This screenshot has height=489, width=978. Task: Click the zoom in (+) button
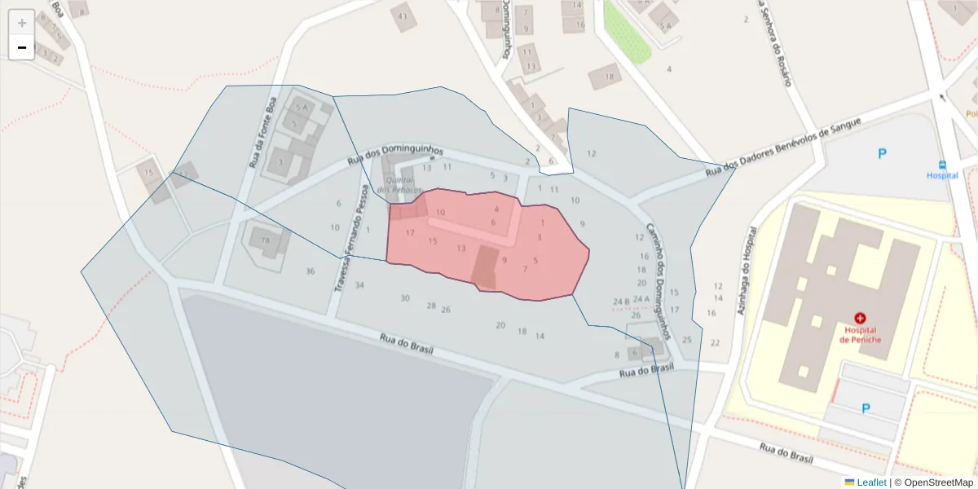tap(22, 23)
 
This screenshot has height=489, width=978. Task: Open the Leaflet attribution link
tap(870, 482)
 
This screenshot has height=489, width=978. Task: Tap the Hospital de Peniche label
tap(859, 334)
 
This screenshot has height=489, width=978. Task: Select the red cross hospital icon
tap(859, 317)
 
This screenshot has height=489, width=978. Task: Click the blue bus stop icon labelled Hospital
tap(943, 164)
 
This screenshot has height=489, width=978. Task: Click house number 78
tap(265, 240)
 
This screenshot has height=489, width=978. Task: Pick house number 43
tap(402, 16)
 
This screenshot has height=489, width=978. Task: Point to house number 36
tap(310, 271)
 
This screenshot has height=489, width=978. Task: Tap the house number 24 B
tap(621, 302)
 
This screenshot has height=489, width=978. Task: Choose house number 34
tap(359, 285)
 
